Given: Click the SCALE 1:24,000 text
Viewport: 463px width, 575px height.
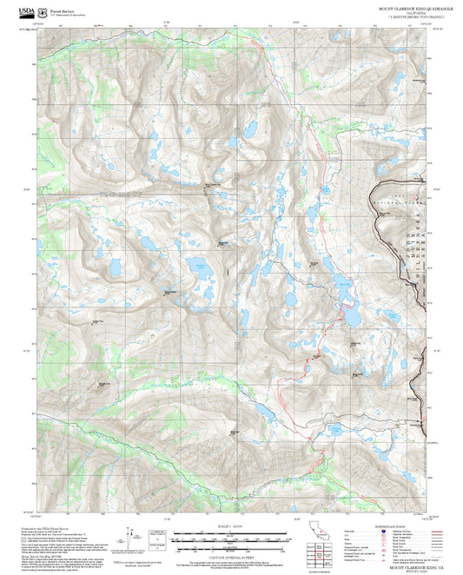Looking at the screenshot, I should click(231, 526).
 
